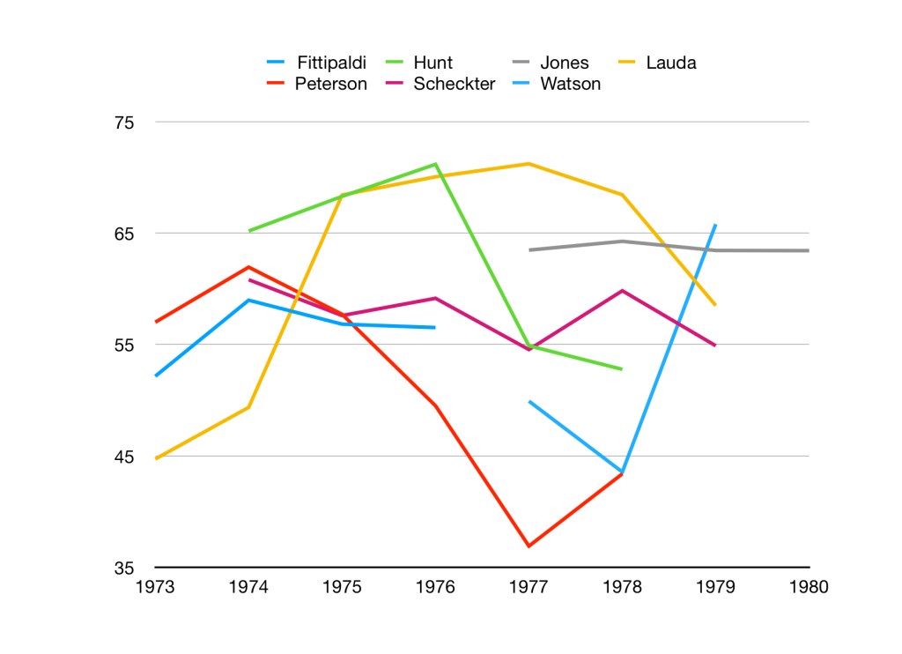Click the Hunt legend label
pyautogui.click(x=433, y=63)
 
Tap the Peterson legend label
pyautogui.click(x=330, y=85)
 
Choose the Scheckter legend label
pyautogui.click(x=455, y=85)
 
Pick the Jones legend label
pyautogui.click(x=564, y=63)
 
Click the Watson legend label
pyautogui.click(x=570, y=85)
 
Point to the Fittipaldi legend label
pyautogui.click(x=330, y=63)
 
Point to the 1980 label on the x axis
pyautogui.click(x=809, y=587)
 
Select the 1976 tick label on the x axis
pyautogui.click(x=435, y=587)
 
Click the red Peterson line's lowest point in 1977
pyautogui.click(x=529, y=546)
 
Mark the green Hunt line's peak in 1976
pyautogui.click(x=435, y=164)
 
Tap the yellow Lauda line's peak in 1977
pyautogui.click(x=529, y=164)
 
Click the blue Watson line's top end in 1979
pyautogui.click(x=715, y=225)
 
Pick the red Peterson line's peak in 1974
pyautogui.click(x=249, y=266)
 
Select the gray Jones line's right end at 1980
pyautogui.click(x=808, y=250)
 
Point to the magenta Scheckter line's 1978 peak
pyautogui.click(x=622, y=290)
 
